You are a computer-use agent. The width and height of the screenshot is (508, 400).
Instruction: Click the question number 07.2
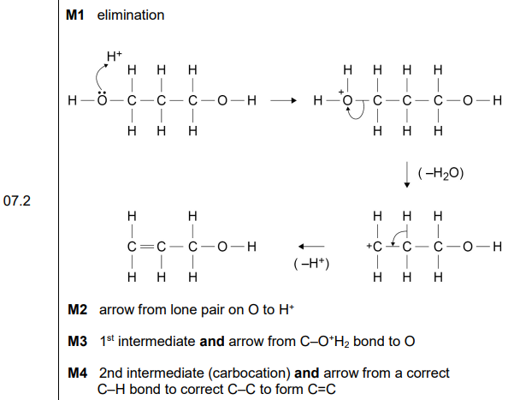(x=17, y=200)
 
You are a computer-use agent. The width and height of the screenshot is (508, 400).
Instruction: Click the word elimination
(x=131, y=15)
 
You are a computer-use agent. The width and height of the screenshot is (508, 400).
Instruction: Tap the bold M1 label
(x=75, y=15)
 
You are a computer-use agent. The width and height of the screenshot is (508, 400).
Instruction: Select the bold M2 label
(x=78, y=309)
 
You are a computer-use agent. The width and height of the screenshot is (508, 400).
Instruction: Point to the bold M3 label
(x=78, y=341)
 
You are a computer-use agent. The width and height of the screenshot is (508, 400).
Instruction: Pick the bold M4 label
(x=78, y=373)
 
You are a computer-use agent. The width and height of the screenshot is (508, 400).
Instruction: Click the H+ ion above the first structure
(x=115, y=57)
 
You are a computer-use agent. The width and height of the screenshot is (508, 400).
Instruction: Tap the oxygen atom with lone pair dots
(x=102, y=99)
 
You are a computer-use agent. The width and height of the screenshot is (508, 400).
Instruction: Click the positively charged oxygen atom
(x=347, y=100)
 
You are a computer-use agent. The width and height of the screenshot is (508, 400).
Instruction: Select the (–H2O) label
(x=441, y=174)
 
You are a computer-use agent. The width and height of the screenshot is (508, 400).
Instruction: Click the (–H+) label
(x=311, y=264)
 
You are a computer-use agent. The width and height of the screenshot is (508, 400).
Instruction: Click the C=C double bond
(x=146, y=248)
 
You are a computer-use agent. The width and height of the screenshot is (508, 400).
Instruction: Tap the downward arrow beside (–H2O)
(x=407, y=175)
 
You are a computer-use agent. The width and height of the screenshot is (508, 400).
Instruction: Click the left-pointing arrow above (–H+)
(x=311, y=247)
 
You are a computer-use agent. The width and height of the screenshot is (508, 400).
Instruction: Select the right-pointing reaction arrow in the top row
(x=283, y=100)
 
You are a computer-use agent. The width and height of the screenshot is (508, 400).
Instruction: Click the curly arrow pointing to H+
(x=97, y=76)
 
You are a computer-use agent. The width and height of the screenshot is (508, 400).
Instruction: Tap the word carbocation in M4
(x=249, y=373)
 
